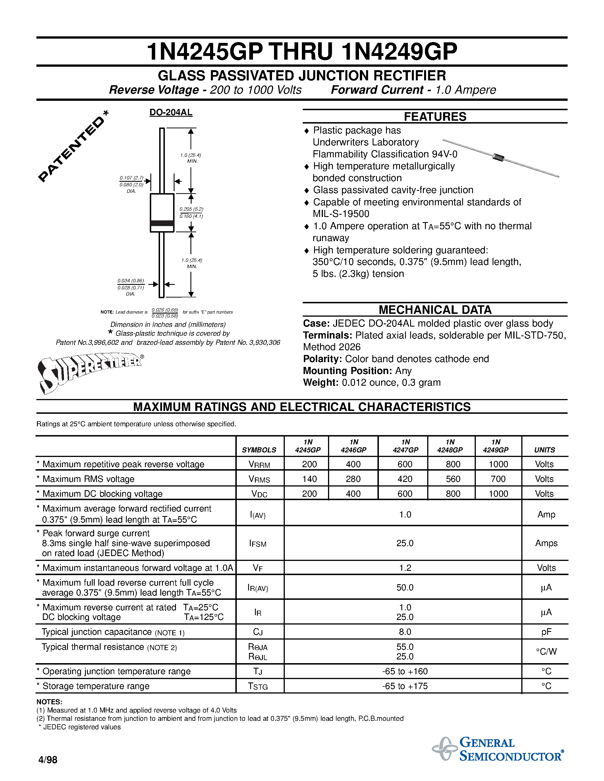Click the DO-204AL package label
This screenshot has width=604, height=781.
(x=171, y=112)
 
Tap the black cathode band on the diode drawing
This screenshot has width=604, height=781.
(x=162, y=224)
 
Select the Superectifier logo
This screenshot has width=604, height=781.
(x=90, y=372)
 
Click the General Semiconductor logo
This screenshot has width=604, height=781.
(x=498, y=749)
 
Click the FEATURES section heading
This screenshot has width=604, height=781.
(x=435, y=116)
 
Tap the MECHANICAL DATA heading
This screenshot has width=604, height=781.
(x=435, y=309)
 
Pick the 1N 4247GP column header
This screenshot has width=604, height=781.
(x=405, y=446)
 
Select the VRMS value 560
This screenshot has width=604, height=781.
(x=453, y=479)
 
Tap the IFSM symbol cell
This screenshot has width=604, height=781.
(x=258, y=544)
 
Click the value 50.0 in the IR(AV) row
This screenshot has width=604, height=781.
(x=405, y=588)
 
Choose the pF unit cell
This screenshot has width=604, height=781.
(x=546, y=632)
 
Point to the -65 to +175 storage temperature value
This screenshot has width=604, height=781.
(x=405, y=686)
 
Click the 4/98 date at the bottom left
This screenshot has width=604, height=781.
(x=47, y=759)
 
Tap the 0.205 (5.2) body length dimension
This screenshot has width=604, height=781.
(x=192, y=209)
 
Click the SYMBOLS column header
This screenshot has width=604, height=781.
(x=259, y=450)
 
